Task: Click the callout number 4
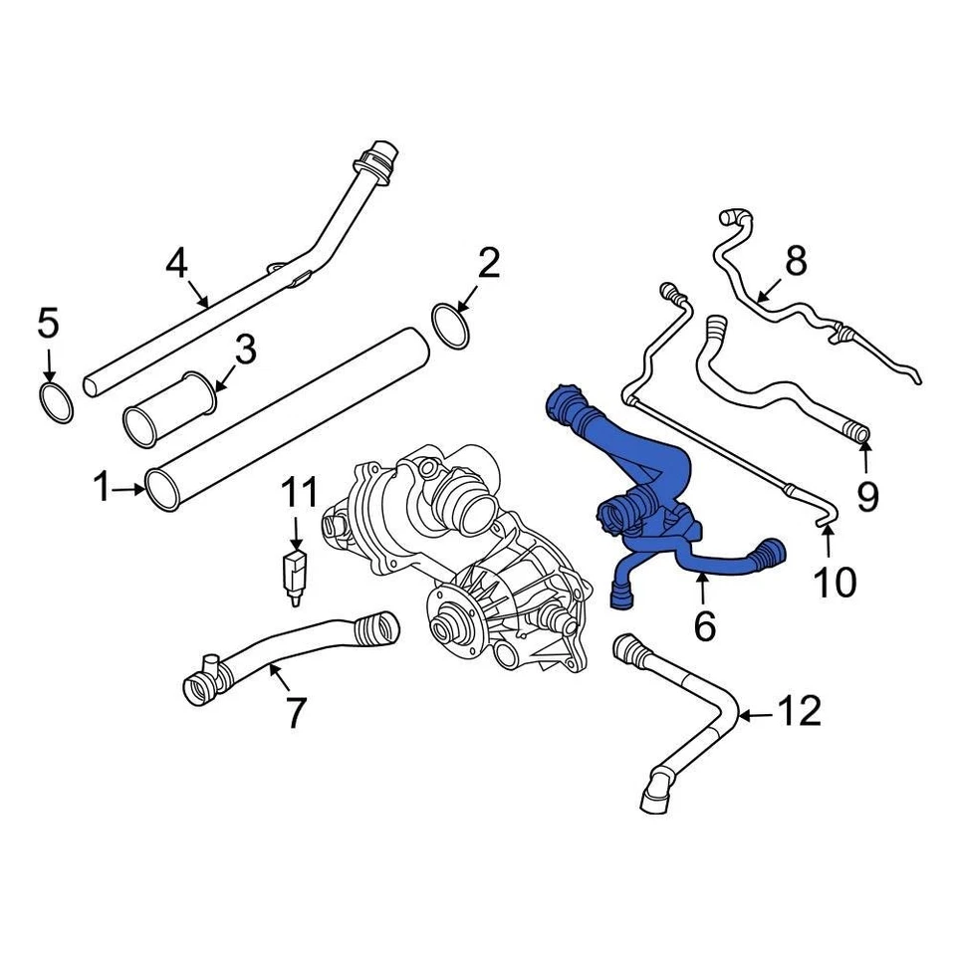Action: pos(176,264)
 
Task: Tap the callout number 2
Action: pos(488,264)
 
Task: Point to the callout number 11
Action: pos(298,492)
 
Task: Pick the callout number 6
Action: pos(704,625)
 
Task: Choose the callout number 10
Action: pos(835,583)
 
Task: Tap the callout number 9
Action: pos(867,495)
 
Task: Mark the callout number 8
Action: pos(796,262)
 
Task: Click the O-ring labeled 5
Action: pos(56,401)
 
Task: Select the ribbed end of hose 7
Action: pos(377,628)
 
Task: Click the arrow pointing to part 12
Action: pos(754,714)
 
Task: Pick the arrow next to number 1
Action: pos(128,489)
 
